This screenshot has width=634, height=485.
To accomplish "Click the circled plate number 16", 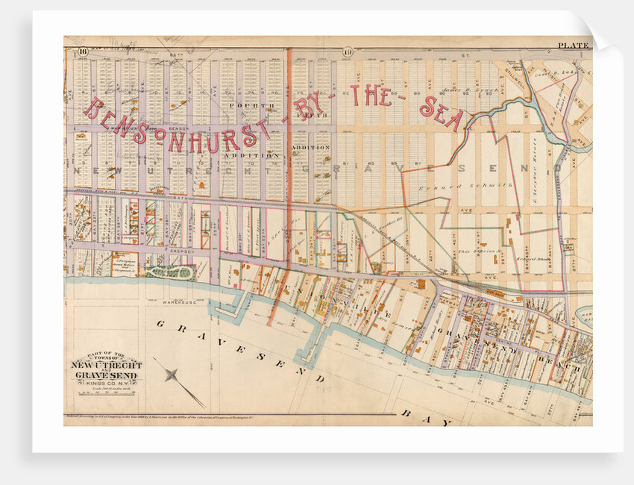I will (82, 51).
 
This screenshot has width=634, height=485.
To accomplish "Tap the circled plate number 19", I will (348, 51).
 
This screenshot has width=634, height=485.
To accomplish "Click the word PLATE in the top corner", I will (573, 46).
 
